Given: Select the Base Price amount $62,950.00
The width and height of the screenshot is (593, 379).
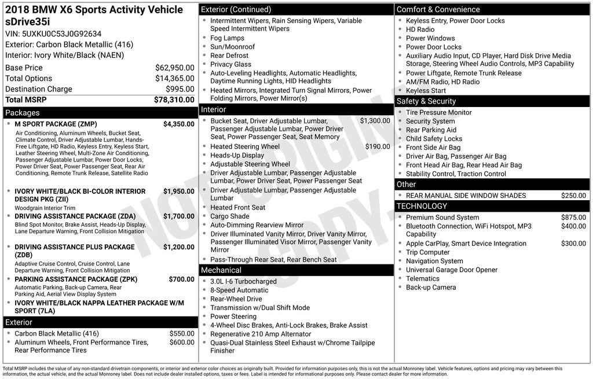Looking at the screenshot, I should point(174,68).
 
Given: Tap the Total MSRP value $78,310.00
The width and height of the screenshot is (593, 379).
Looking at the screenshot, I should point(174,100).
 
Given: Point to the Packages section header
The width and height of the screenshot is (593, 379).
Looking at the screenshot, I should point(23,113).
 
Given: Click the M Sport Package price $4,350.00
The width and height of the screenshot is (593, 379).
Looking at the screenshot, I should point(178,124).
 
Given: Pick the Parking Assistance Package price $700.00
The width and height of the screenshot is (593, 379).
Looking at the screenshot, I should point(181,279).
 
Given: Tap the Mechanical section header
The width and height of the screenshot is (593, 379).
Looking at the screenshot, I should point(221,270).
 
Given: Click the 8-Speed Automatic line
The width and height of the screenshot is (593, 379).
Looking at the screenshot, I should point(239,290).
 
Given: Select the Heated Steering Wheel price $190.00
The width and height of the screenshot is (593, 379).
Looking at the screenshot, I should point(377,147).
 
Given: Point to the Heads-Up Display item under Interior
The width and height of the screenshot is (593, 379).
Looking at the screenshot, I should point(237,156).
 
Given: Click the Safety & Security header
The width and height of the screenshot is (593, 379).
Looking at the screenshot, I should point(426,101).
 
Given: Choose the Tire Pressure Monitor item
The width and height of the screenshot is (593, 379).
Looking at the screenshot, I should point(438,113).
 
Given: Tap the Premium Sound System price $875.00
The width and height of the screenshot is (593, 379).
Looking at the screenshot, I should point(573,218).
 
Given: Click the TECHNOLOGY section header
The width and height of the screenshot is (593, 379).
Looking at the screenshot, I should point(422,207).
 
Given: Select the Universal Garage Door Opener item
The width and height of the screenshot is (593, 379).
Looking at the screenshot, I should point(451,270).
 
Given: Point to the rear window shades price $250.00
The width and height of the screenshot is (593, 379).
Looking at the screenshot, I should point(573,196).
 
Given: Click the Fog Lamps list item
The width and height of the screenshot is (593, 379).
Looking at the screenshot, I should point(227,38).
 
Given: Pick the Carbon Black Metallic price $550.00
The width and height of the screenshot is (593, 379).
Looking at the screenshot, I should point(182,334).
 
